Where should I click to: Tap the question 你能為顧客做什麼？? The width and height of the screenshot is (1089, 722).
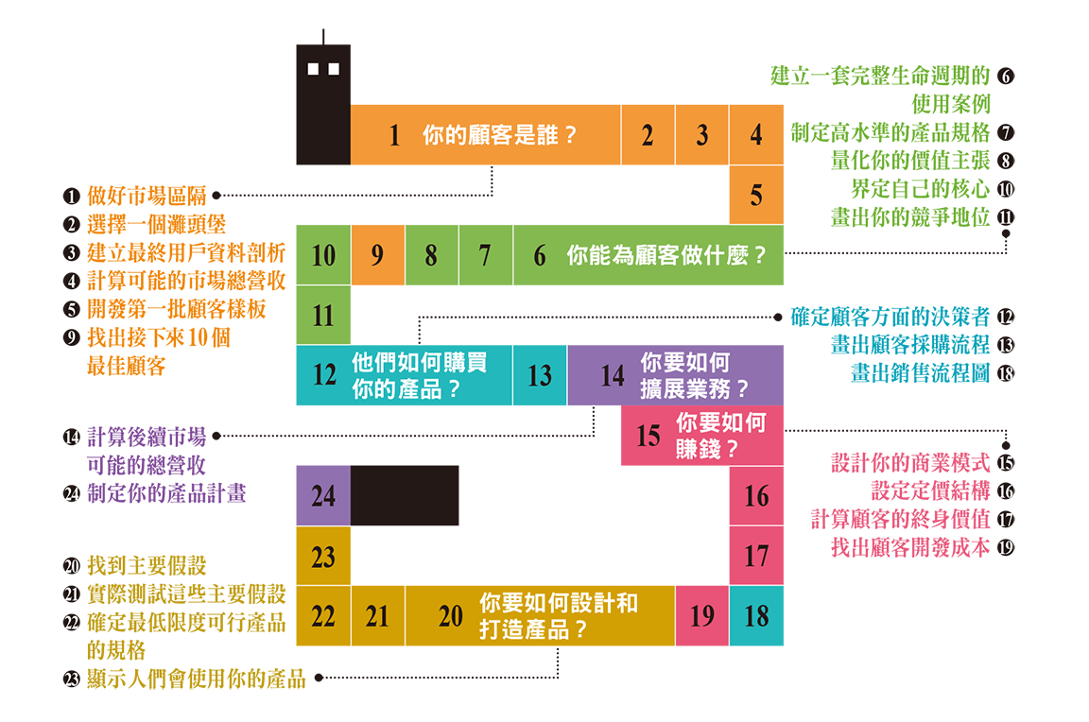pyautogui.click(x=665, y=255)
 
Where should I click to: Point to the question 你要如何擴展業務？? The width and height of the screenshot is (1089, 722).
pyautogui.click(x=695, y=375)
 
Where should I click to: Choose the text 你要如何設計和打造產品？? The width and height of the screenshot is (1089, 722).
pyautogui.click(x=558, y=616)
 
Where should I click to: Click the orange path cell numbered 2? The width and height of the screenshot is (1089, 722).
pyautogui.click(x=648, y=135)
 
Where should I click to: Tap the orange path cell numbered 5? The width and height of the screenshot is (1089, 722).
pyautogui.click(x=756, y=196)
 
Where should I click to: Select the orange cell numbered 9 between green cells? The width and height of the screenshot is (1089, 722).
pyautogui.click(x=377, y=255)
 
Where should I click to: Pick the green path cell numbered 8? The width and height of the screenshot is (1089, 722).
pyautogui.click(x=431, y=255)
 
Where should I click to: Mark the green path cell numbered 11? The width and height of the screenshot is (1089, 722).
pyautogui.click(x=323, y=316)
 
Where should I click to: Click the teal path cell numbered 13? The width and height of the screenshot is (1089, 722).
pyautogui.click(x=540, y=376)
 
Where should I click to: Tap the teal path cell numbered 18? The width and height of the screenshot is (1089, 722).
pyautogui.click(x=756, y=616)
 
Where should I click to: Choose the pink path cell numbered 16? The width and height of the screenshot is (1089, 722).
pyautogui.click(x=756, y=496)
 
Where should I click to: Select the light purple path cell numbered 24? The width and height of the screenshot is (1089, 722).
pyautogui.click(x=323, y=495)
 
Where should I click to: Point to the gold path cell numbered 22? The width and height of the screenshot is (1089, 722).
pyautogui.click(x=323, y=616)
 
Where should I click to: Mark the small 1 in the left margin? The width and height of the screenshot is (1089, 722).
pyautogui.click(x=71, y=198)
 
